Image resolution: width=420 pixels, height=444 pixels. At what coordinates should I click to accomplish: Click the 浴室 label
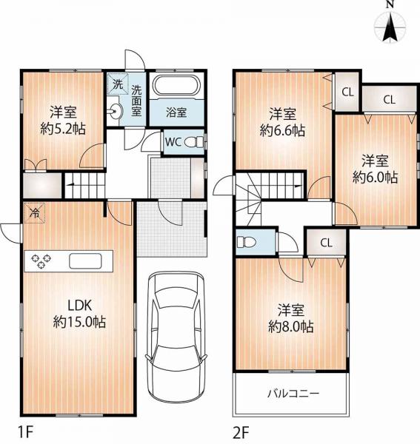pos(176,113)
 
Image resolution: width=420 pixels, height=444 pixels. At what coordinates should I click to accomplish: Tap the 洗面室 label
pos(137,101)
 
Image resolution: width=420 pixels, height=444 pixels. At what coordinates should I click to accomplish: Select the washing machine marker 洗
pos(117,84)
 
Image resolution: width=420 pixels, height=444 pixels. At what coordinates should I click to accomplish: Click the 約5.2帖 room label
pos(62,121)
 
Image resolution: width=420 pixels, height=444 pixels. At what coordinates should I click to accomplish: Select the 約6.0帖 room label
pos(375,168)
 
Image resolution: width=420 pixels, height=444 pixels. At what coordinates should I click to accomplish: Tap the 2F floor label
pos(242,430)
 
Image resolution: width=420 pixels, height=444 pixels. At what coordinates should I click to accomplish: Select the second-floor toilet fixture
pos(247,241)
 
